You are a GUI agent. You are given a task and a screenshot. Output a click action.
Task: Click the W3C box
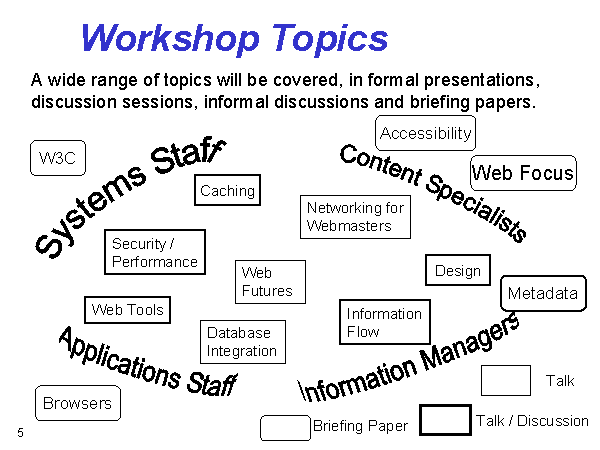click(x=58, y=158)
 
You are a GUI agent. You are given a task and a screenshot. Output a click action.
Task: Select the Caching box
click(x=227, y=190)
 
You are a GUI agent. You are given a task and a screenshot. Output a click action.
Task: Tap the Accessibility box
click(x=426, y=133)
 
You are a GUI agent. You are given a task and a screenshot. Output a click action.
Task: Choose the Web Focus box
click(x=523, y=173)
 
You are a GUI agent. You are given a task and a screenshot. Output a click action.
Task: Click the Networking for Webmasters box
click(x=355, y=217)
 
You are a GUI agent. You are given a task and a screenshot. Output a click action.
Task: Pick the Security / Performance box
click(x=155, y=252)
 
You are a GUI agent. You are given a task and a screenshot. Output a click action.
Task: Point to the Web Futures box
click(x=270, y=282)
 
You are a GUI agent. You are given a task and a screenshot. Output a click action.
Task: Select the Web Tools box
click(x=127, y=310)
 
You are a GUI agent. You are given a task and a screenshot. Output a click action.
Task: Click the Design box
click(x=458, y=270)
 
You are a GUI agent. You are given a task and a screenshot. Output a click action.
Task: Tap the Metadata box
click(x=543, y=293)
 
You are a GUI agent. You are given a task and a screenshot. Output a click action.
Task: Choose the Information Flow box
click(x=385, y=322)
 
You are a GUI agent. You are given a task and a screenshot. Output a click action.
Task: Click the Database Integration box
click(x=243, y=342)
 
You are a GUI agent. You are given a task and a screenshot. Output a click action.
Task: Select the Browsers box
click(x=78, y=403)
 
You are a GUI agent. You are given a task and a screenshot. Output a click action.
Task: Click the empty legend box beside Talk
click(x=505, y=380)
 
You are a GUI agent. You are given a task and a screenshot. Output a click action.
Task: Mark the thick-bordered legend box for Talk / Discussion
click(x=445, y=420)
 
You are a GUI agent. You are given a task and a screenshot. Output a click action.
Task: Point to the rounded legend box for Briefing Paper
click(x=285, y=428)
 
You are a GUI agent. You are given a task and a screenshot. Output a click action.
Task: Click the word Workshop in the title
click(x=171, y=38)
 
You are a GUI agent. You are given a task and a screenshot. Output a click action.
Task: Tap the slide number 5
click(x=20, y=433)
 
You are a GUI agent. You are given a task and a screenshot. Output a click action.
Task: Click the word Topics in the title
click(x=330, y=39)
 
